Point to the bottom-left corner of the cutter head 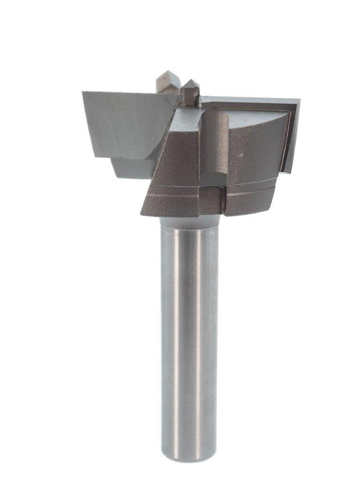click(x=142, y=214)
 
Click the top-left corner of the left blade click(x=83, y=92)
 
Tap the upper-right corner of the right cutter click(x=299, y=99)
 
